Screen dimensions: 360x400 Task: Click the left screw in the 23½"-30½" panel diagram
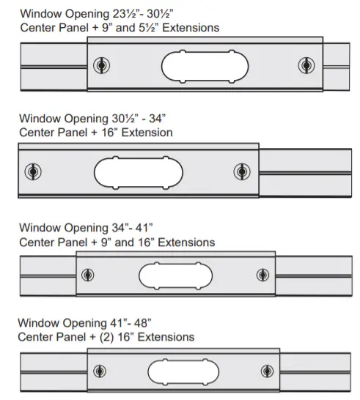(102, 65)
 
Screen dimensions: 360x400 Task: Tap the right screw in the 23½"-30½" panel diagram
(306, 65)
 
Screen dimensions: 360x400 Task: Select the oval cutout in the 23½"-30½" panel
(205, 67)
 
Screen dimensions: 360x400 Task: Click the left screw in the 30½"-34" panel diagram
(33, 171)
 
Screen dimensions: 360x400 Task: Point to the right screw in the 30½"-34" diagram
(242, 171)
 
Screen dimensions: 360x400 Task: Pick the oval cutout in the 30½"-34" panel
(139, 173)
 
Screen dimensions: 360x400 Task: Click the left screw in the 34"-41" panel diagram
(87, 275)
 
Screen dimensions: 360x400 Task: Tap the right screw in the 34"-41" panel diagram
(262, 275)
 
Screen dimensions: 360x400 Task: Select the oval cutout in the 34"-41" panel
(176, 275)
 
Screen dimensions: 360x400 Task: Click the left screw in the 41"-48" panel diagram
(100, 371)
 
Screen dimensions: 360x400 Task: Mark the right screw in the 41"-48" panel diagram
(268, 371)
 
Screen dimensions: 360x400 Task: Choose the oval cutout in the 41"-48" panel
(183, 372)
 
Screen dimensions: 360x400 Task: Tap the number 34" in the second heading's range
(158, 119)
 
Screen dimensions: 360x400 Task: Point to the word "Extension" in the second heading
(147, 133)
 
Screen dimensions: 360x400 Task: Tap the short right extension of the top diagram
(337, 67)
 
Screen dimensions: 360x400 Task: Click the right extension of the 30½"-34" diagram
(305, 173)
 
